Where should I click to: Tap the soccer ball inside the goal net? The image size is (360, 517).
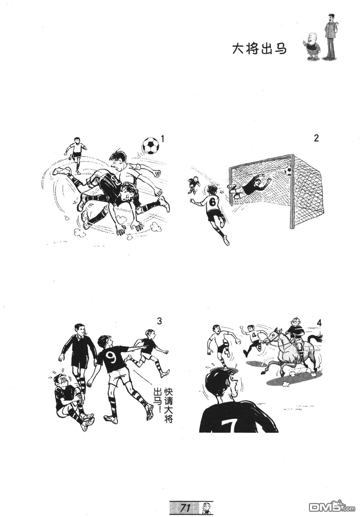[x=288, y=171]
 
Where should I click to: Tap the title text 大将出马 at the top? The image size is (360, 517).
[x=259, y=49]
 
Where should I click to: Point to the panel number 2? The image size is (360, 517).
[x=316, y=138]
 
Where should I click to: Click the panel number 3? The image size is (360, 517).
[x=159, y=321]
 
